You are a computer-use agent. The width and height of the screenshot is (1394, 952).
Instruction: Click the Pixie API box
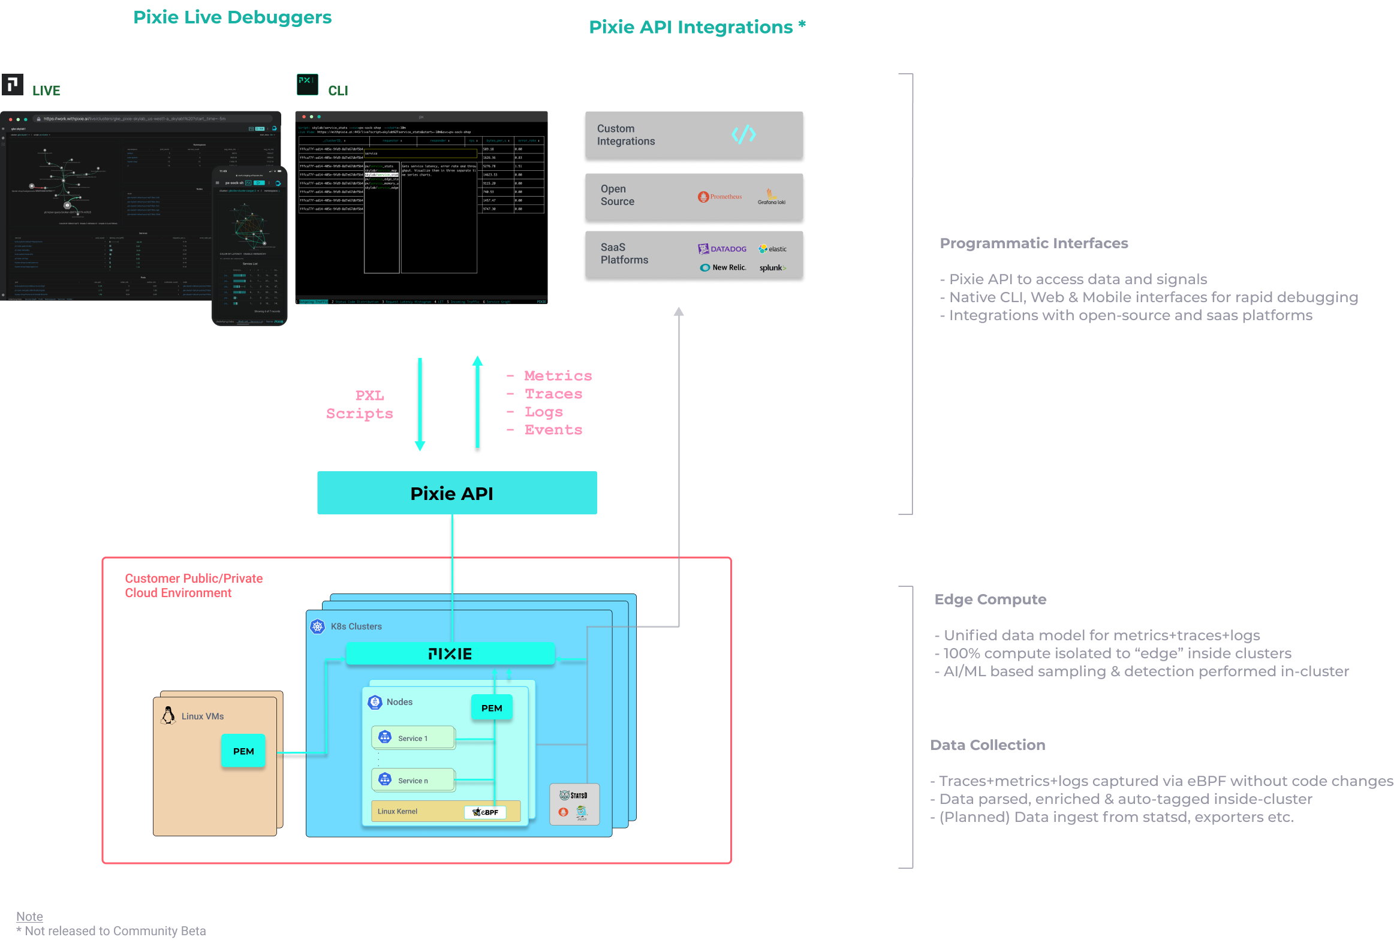[456, 493]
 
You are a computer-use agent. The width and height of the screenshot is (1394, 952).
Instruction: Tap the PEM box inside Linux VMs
[243, 751]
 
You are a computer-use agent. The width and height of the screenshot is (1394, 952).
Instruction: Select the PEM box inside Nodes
[491, 708]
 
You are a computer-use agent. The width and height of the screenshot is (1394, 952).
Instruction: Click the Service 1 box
[413, 738]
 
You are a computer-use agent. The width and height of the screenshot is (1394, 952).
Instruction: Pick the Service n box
[413, 780]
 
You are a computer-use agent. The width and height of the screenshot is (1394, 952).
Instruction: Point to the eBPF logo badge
[485, 812]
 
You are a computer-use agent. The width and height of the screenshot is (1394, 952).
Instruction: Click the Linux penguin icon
[168, 715]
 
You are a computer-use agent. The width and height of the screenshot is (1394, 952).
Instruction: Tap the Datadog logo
[722, 249]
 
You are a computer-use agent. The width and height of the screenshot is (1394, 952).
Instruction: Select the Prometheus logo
[720, 197]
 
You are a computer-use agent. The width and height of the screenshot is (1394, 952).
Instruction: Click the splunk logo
[773, 267]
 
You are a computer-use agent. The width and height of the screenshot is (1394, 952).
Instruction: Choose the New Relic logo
[723, 267]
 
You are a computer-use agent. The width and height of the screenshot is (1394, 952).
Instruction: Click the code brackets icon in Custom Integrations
[743, 134]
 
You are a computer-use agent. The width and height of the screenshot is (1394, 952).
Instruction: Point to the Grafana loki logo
[772, 197]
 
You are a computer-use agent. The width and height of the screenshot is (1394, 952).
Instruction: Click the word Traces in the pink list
[553, 394]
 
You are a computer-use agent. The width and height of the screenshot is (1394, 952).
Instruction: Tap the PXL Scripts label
[360, 404]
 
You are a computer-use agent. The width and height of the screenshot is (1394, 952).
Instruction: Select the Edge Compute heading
[990, 599]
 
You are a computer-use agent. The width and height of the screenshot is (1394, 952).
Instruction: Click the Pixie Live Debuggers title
[232, 17]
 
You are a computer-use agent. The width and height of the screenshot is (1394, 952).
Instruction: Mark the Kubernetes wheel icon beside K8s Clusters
[317, 626]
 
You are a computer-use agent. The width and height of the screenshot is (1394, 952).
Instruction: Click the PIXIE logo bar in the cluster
[450, 653]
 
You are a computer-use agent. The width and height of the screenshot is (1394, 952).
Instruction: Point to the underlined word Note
[29, 917]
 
